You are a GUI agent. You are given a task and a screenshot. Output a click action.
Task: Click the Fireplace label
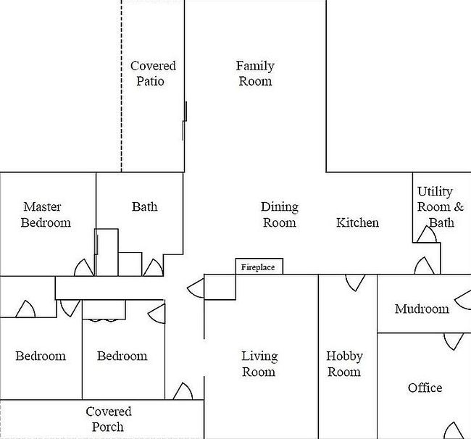coord(258,267)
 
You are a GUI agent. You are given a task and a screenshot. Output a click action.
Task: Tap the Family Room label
coord(255,74)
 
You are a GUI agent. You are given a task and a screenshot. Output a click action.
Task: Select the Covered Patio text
coord(153,74)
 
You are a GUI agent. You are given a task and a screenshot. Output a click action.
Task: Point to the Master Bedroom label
coord(46,214)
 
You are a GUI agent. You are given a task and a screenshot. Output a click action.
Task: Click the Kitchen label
coord(357,222)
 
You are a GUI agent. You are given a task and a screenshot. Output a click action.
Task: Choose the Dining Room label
coord(280,214)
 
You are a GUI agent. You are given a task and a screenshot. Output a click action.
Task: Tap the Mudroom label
coord(422,309)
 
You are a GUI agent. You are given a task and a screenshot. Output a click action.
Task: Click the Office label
coord(425,388)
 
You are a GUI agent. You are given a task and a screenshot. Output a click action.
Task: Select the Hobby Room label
coord(344,364)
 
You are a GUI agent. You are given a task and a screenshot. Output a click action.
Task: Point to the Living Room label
coord(259,364)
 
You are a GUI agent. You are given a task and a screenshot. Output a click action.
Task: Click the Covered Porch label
coord(109,419)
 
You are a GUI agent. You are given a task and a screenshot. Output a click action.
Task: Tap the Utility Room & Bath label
coord(441,207)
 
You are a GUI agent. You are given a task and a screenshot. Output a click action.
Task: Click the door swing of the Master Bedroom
coord(84,267)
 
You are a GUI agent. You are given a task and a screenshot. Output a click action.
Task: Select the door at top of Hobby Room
coord(355,283)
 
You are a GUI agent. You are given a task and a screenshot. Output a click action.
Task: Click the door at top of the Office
coord(454,341)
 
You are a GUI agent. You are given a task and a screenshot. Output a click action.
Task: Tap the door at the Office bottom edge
coord(454,430)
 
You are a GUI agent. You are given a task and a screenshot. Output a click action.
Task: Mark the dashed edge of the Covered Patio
coord(121,86)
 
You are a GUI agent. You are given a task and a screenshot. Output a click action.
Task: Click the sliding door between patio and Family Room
coord(185,121)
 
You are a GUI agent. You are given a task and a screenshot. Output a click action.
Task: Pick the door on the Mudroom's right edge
coord(463,300)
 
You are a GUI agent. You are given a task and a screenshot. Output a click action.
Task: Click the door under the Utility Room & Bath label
coord(427,234)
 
